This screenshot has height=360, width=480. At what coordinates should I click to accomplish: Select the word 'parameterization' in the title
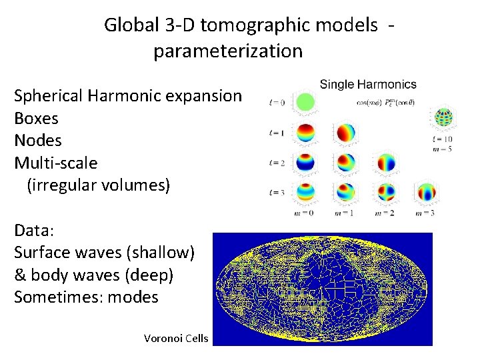pos(228,51)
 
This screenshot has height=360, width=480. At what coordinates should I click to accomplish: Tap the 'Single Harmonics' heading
pos(368,85)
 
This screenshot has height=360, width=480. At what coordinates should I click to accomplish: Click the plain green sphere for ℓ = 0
pos(306,102)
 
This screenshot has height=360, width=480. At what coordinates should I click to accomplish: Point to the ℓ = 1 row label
pos(276,133)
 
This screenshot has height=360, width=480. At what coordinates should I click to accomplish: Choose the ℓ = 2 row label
pos(276,163)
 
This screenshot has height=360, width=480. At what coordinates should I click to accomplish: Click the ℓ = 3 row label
pos(276,193)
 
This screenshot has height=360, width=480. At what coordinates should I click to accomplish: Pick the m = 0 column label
pos(306,213)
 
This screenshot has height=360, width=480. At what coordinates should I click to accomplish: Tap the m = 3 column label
pos(425,213)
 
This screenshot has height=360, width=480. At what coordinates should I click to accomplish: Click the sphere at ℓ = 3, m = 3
pos(425,193)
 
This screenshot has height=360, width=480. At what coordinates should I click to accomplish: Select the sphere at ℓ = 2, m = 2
pos(386,163)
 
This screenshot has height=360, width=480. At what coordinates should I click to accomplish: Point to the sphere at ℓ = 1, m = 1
pos(346,133)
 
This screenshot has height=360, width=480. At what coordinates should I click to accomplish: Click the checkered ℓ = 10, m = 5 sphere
pos(443,118)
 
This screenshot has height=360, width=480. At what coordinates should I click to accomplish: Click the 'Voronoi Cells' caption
pos(176,339)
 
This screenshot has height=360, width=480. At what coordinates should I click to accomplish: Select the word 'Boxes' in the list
pos(36,119)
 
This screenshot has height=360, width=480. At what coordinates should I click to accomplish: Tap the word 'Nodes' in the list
pos(38,141)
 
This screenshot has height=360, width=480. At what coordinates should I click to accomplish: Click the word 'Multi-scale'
pos(56,163)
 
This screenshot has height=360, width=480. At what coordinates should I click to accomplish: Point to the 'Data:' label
pos(34,231)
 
